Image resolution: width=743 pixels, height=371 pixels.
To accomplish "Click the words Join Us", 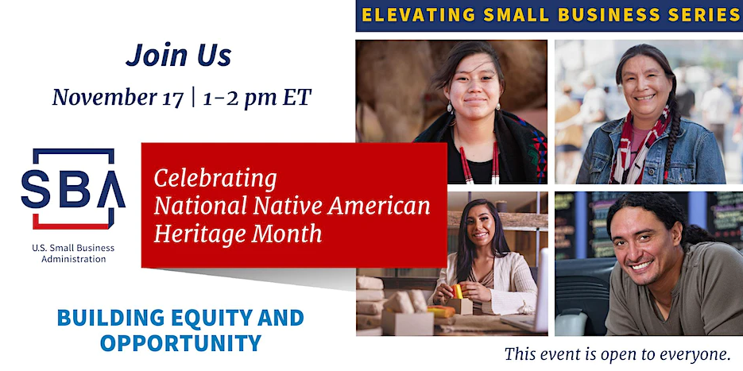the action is pos(179,55).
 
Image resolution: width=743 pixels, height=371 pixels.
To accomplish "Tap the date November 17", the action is pos(118,97).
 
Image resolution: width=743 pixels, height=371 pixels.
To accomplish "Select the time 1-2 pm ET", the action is pos(257,97).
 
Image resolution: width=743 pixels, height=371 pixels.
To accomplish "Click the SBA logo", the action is pos(73,188).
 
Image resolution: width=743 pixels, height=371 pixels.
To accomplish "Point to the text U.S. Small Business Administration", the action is pos(73,253).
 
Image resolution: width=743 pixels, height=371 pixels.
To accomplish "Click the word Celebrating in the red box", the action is pos(215,180).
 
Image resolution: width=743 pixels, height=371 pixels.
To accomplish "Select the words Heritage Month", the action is pos(238,234).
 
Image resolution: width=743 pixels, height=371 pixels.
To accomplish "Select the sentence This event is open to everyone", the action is pos(617,354).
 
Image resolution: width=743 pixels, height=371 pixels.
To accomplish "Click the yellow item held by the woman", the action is pos(458,291).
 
